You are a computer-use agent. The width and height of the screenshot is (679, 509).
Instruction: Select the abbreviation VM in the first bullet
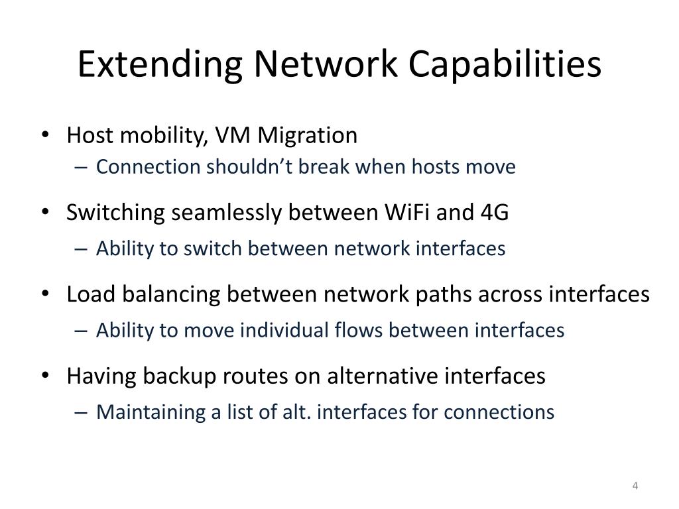point(233,136)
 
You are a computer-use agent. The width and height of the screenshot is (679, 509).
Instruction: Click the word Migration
point(308,136)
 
